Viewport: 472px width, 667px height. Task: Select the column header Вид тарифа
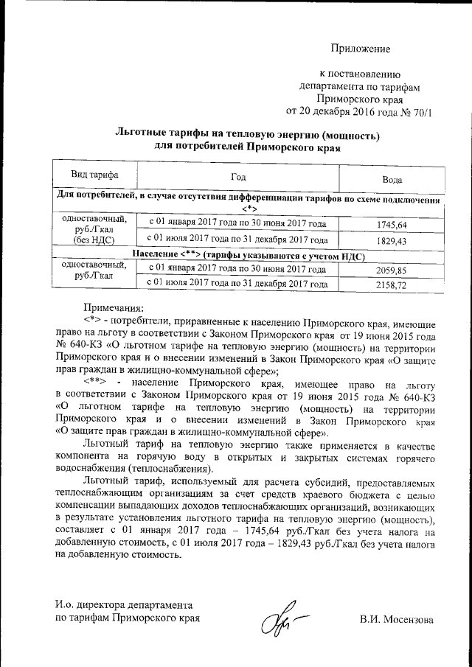(x=94, y=175)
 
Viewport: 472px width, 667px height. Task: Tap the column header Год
(x=237, y=177)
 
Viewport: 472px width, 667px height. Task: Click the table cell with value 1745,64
(x=392, y=224)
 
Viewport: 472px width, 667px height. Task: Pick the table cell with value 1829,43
(x=392, y=240)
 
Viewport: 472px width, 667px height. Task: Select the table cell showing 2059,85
(x=392, y=270)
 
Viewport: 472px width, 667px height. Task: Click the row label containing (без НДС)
(x=94, y=240)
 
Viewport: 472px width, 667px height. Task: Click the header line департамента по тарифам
(x=359, y=86)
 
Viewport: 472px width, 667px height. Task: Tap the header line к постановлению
(x=359, y=74)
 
